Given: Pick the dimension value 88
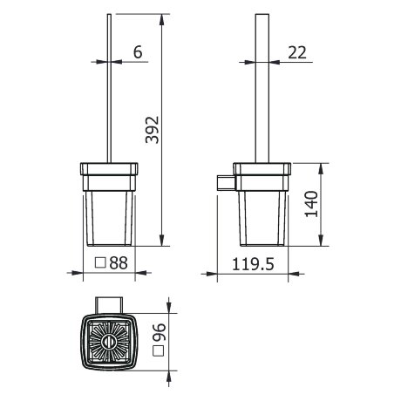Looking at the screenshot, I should [x=123, y=262].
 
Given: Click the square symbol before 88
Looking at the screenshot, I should [x=100, y=262].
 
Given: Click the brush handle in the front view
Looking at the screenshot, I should [x=109, y=87].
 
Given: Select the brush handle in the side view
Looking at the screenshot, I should [x=262, y=87].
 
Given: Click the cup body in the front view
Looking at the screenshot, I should [x=109, y=218].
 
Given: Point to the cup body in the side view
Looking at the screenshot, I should [x=262, y=218].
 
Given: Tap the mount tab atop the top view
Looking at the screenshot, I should [x=109, y=302].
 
